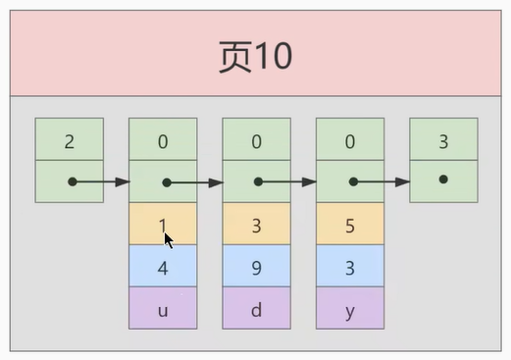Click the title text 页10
click(x=255, y=56)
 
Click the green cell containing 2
click(x=69, y=140)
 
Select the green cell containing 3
click(x=443, y=140)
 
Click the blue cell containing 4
click(x=163, y=267)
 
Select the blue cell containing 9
click(x=256, y=267)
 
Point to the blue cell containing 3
click(x=350, y=267)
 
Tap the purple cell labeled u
click(x=163, y=308)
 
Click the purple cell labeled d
click(x=256, y=308)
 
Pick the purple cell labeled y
click(x=350, y=308)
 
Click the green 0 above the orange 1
click(x=163, y=140)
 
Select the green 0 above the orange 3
click(x=256, y=140)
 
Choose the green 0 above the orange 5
click(x=350, y=140)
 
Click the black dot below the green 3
click(x=443, y=180)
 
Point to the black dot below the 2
click(x=72, y=181)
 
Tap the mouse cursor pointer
click(x=168, y=238)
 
